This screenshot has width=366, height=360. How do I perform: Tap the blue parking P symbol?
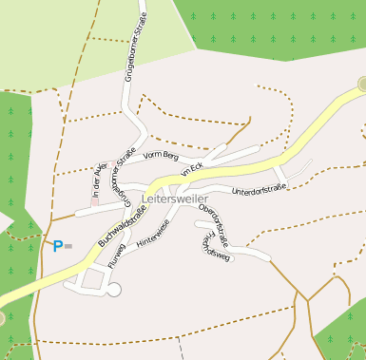coord(57,247)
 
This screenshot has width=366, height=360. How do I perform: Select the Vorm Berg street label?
coord(161,156)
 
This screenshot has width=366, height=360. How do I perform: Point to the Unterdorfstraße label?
coord(259,191)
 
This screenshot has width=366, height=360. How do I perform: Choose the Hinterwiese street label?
coord(153,234)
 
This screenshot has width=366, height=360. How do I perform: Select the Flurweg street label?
coord(117,256)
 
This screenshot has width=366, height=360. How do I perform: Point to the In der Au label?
coord(96,180)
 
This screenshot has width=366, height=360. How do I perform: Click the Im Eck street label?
coord(191,170)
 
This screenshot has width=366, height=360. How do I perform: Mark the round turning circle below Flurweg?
coord(114,290)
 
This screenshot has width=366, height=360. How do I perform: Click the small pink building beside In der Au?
coord(95,201)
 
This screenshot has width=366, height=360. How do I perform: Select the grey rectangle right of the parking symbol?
coord(69,246)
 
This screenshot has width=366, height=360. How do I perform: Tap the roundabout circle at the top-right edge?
coord(362,85)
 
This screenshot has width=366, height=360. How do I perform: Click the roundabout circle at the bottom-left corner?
coord(2,317)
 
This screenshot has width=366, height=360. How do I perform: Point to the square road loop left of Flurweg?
coord(92,279)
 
